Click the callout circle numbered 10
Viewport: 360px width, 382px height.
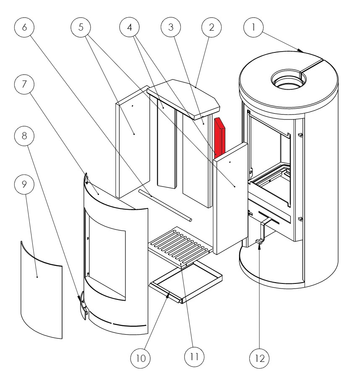pos(140,359)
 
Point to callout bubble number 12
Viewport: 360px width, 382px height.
pos(260,359)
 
